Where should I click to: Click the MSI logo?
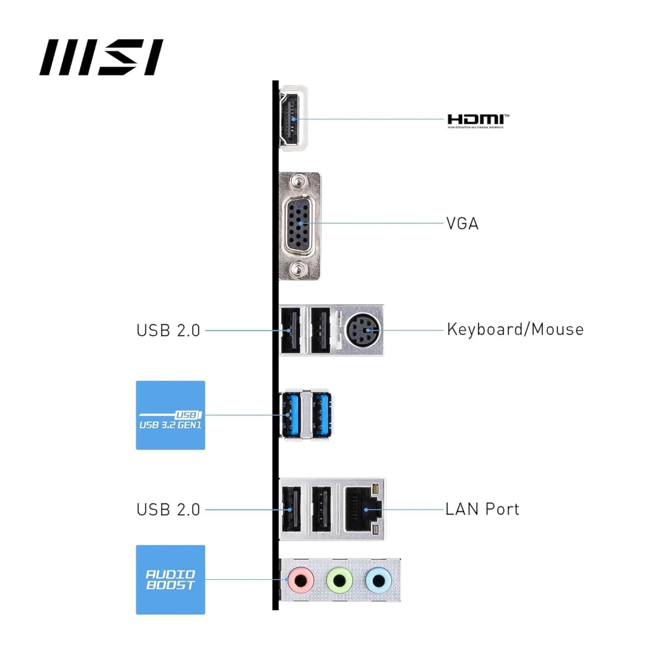(101, 57)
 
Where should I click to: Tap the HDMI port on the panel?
(291, 119)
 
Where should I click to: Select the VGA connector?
(298, 224)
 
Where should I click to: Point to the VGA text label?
(462, 223)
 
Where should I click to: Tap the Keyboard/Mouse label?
(514, 330)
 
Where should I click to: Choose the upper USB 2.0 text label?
(168, 330)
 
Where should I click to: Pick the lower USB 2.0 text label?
(168, 510)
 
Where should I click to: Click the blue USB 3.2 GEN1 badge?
(171, 415)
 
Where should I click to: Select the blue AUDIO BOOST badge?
(171, 580)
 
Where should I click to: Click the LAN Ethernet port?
(362, 510)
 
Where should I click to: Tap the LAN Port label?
(482, 510)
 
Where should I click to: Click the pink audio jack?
(300, 580)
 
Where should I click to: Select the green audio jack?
(339, 580)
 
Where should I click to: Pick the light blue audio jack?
(378, 580)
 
